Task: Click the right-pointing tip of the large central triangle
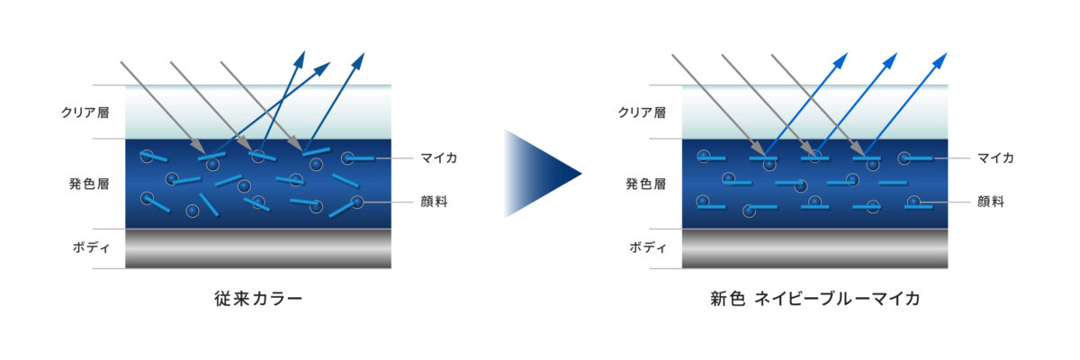coord(582,174)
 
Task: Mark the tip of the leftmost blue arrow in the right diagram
coord(847,53)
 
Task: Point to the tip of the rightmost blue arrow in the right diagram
coord(947,53)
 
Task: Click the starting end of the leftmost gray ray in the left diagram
coord(121,62)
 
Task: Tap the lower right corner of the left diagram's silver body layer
coord(391,268)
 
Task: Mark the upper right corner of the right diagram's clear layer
coord(948,85)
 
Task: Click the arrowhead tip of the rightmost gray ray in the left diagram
coord(302,150)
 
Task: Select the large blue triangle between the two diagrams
coord(543,174)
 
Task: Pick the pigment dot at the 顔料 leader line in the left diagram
coord(356,202)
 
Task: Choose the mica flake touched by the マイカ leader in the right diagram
coord(918,158)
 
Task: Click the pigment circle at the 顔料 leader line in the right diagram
coord(913,202)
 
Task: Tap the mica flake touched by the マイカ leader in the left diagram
coord(361,158)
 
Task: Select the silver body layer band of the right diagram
coord(814,248)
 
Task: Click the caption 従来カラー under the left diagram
coord(258,298)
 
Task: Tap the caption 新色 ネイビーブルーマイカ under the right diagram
coord(814,298)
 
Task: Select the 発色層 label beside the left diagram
coord(89,184)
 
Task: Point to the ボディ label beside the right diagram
coord(647,247)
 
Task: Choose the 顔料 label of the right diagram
coord(990,202)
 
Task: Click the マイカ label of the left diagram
coord(439,158)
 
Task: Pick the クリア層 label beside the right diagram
coord(642,112)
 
